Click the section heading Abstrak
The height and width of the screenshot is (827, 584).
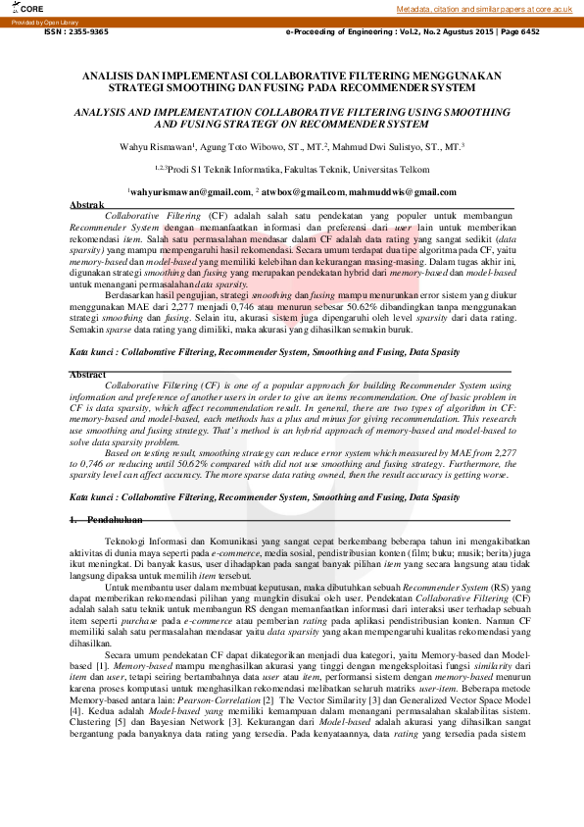tap(87, 204)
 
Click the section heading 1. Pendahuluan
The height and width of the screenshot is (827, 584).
tap(108, 520)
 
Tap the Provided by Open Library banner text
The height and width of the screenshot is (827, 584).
tap(46, 21)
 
